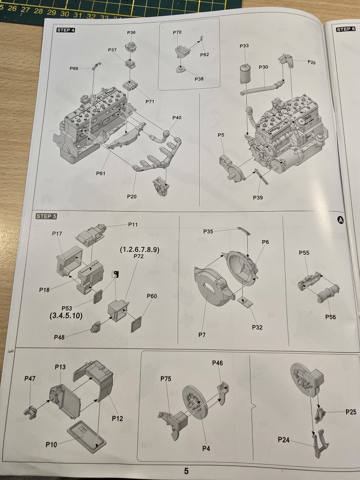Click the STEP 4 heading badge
(65, 30)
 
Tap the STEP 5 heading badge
(46, 216)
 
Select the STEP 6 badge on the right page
(346, 29)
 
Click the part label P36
(132, 33)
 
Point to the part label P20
(132, 196)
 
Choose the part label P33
(244, 46)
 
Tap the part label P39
(258, 197)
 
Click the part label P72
(138, 256)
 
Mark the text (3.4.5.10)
(66, 316)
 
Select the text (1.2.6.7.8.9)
(140, 250)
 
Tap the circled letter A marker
(340, 220)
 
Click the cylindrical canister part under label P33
(245, 74)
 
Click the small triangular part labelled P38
(181, 69)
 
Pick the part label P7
(202, 335)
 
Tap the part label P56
(330, 317)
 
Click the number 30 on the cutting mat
(65, 13)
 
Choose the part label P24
(284, 440)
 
